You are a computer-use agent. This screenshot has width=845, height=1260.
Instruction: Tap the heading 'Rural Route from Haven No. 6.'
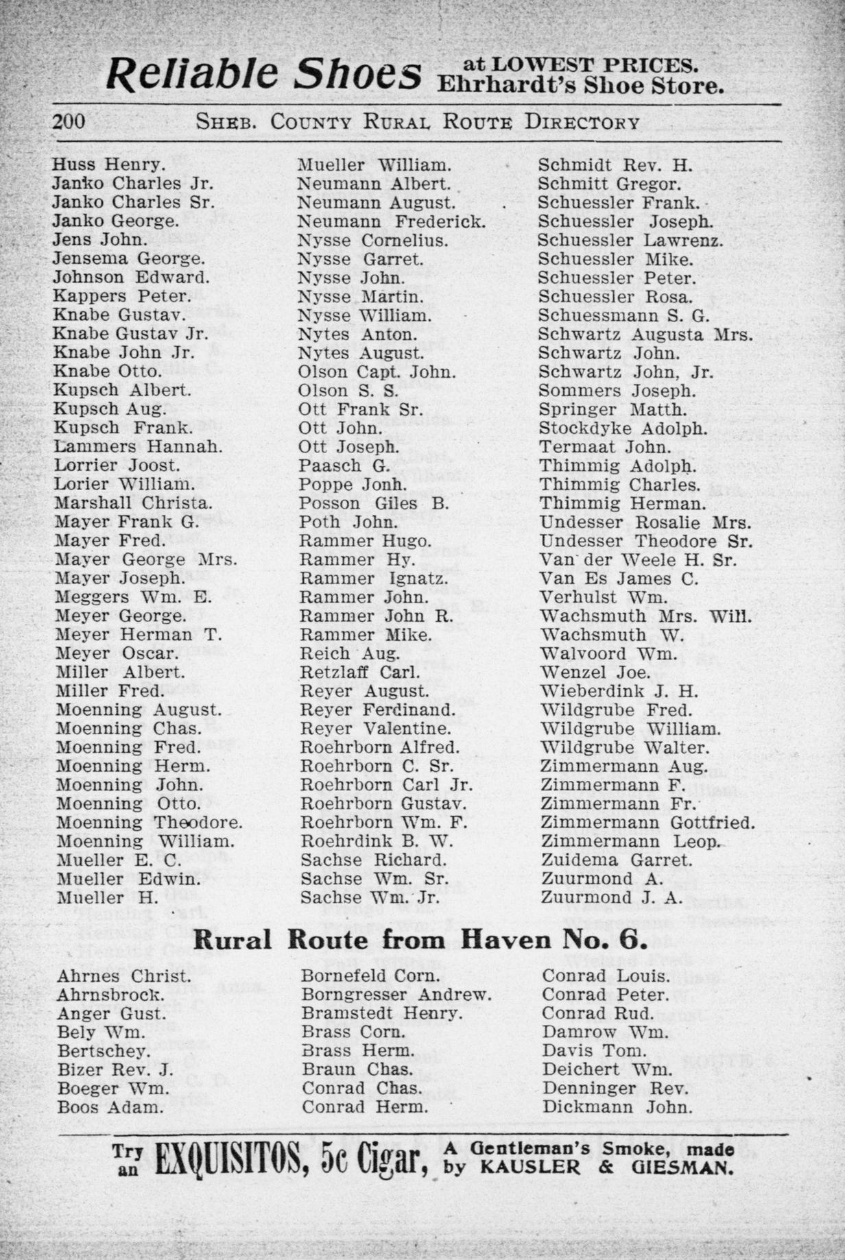click(420, 940)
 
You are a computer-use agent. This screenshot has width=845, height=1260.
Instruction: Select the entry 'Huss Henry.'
click(108, 165)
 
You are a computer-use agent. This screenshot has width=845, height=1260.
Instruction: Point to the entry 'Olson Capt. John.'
click(377, 372)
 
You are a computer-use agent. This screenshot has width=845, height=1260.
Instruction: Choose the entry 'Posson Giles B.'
click(374, 503)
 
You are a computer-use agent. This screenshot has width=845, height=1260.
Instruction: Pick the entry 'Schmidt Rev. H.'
click(615, 165)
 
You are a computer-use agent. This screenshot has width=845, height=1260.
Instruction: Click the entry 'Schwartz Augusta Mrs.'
click(645, 335)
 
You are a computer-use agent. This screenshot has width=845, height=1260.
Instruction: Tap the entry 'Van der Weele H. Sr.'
click(639, 560)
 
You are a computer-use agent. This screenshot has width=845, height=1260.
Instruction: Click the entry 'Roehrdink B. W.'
click(377, 841)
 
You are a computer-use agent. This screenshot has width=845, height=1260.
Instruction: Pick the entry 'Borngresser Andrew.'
click(396, 995)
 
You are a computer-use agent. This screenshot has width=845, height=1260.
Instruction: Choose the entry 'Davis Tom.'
click(594, 1050)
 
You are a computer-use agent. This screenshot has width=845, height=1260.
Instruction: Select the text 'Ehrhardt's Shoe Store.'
click(580, 86)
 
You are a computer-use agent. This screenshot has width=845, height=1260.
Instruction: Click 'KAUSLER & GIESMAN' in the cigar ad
click(606, 1167)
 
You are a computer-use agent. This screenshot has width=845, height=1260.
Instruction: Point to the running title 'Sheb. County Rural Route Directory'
click(418, 123)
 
